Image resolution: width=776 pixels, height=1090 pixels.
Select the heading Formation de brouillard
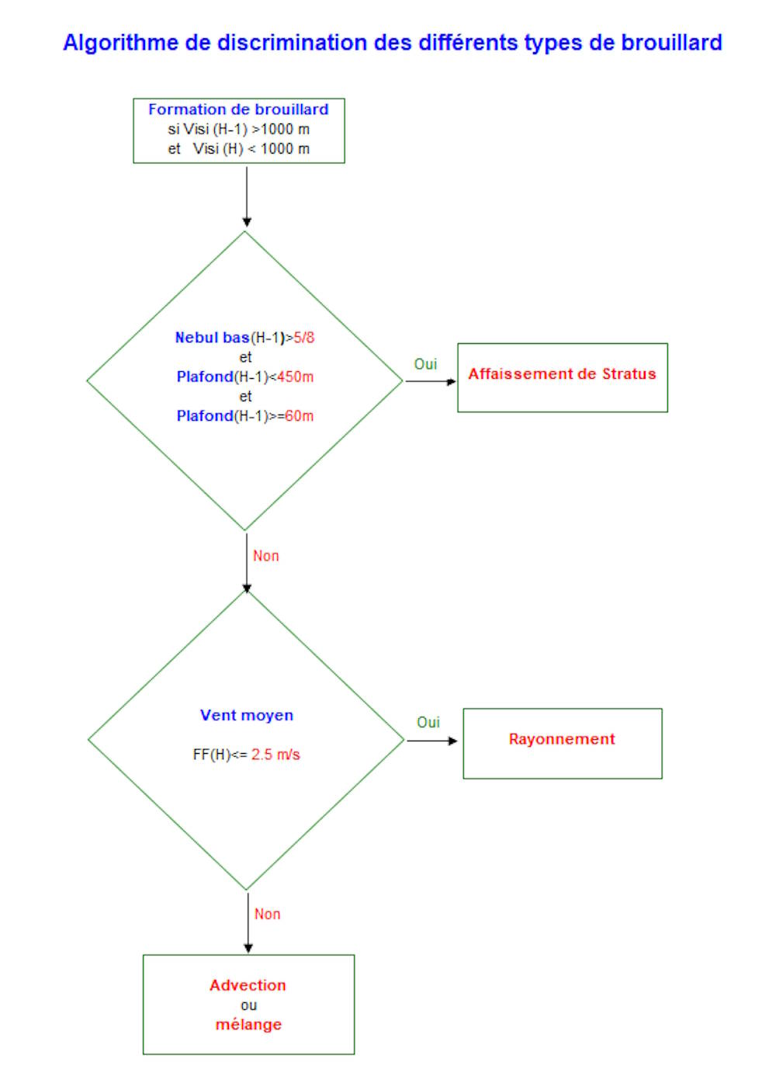coord(238,109)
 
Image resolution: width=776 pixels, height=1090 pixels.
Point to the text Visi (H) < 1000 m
coord(251,149)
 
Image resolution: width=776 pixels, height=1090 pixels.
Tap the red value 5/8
coord(304,337)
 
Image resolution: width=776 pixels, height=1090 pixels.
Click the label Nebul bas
coord(212,337)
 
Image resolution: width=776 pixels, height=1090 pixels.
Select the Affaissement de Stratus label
coord(562,373)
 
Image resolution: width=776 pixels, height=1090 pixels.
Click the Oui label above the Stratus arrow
coord(425,364)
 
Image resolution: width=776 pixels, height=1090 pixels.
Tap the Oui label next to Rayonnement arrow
coord(428,722)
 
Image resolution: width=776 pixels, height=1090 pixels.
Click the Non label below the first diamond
coord(265,556)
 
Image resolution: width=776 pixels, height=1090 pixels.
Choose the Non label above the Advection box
coord(267,914)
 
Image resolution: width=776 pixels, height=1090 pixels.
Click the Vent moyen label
coord(247,715)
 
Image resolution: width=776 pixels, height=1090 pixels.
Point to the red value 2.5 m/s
coord(275,755)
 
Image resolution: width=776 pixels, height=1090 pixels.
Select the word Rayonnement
coord(562,739)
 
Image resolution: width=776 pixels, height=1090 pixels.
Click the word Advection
coord(248,985)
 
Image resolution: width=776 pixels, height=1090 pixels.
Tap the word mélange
coord(248,1025)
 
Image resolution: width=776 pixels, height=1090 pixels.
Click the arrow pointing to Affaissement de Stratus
coord(431,381)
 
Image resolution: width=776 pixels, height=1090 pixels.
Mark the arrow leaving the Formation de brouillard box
coord(247,196)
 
